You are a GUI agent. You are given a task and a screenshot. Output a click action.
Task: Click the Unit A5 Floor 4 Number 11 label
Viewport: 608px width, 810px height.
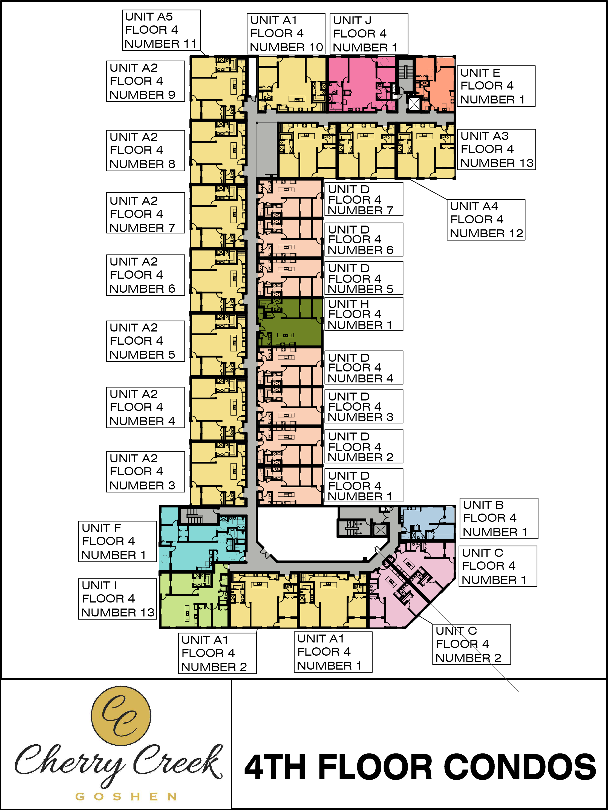(x=161, y=30)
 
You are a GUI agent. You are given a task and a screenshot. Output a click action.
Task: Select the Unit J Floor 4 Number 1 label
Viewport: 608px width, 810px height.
(x=369, y=34)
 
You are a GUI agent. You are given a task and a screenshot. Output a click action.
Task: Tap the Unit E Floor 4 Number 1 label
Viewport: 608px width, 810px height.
(x=496, y=86)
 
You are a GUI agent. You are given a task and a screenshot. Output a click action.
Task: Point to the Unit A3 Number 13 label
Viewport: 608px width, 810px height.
(x=497, y=149)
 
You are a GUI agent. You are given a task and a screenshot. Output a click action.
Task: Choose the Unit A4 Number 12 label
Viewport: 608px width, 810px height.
(x=486, y=220)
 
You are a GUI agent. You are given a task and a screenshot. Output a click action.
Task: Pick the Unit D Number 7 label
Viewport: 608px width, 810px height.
(x=364, y=199)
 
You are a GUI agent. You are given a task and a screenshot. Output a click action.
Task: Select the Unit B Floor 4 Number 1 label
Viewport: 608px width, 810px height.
(x=499, y=518)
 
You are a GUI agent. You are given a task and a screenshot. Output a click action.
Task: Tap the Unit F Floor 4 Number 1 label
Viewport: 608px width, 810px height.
(x=117, y=541)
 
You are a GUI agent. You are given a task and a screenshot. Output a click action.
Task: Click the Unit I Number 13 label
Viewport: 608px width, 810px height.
(x=117, y=599)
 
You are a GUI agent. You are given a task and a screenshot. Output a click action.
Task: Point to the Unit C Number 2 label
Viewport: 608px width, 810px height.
(x=471, y=644)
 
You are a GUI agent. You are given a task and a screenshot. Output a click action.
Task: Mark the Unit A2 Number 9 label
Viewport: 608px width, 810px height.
(x=145, y=81)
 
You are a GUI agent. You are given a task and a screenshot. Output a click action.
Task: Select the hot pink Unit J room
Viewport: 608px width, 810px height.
(x=361, y=83)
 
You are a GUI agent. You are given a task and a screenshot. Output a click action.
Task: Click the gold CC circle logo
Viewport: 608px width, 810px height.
(x=121, y=716)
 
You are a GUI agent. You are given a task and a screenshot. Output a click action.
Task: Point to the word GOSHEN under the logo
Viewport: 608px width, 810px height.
(x=126, y=797)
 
